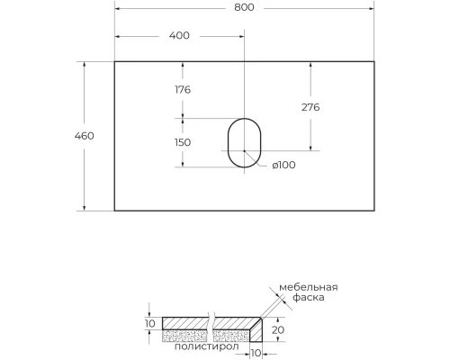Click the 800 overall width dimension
tap(244, 7)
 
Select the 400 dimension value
tap(179, 36)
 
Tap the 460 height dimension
tap(84, 136)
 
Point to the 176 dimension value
tap(183, 89)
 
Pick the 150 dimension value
tap(183, 142)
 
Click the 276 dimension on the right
tap(310, 106)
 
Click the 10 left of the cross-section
tap(149, 323)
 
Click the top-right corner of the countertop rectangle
tap(374, 62)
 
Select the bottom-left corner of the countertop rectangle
tap(114, 211)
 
